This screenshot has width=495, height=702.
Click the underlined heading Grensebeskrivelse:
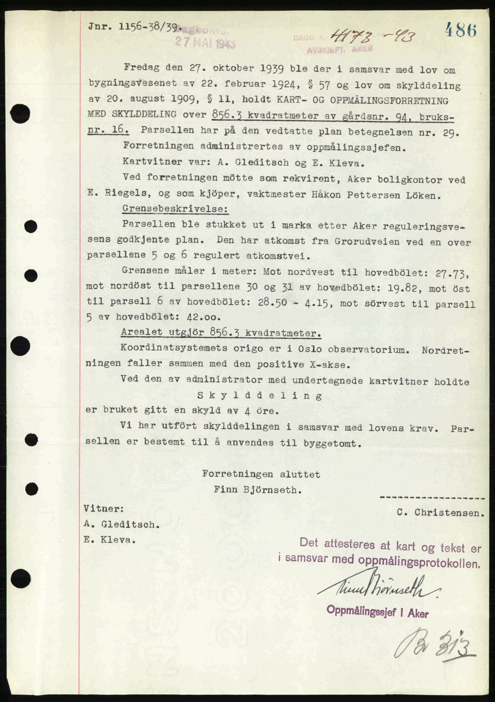coord(175,209)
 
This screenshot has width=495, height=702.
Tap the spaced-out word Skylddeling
coord(259,395)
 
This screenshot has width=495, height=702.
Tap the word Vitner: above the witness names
coord(104,509)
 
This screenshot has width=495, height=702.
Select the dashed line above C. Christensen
coord(432,498)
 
